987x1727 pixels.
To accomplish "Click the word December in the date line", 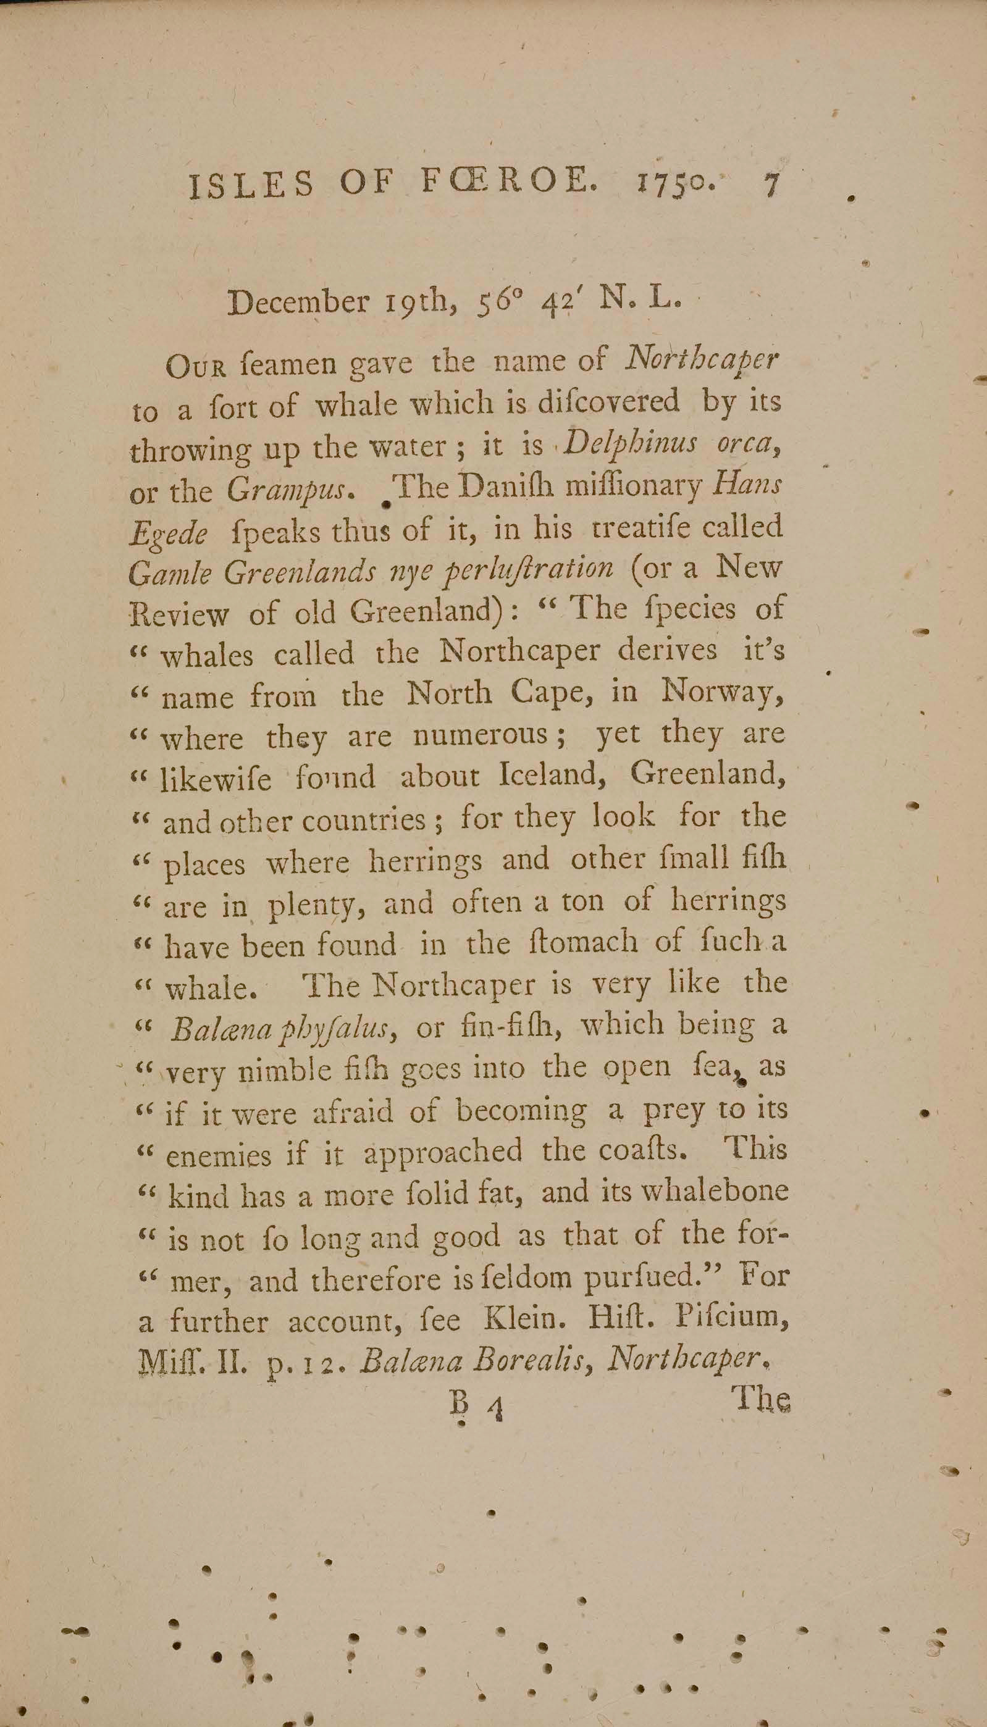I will click(x=298, y=302).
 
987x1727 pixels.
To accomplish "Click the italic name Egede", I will click(x=168, y=533).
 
